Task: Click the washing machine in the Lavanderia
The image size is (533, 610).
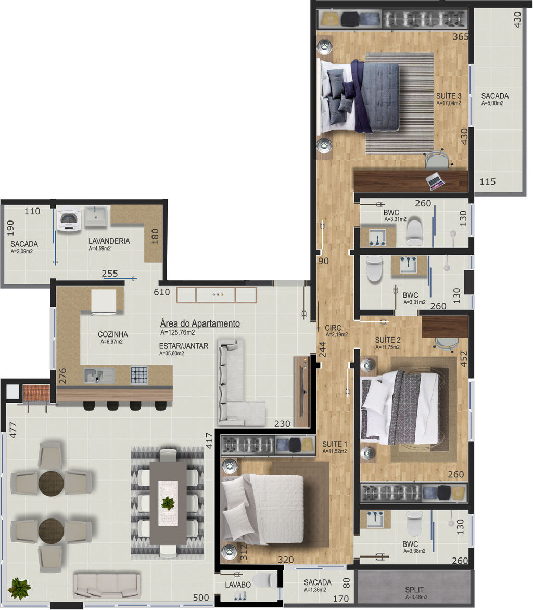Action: (69, 220)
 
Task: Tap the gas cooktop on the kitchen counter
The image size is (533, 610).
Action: (139, 375)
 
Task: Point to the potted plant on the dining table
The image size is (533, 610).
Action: (168, 503)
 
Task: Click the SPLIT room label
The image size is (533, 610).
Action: (414, 589)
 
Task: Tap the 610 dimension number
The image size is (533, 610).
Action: (161, 292)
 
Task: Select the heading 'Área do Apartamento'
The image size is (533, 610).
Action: (200, 323)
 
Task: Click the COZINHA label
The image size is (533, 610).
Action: (112, 334)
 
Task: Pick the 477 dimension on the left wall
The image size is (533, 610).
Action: (13, 430)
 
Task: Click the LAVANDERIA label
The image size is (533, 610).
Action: (109, 241)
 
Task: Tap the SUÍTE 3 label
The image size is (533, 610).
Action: (449, 96)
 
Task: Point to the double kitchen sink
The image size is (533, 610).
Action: (99, 375)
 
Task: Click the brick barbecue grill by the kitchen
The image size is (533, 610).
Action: (36, 393)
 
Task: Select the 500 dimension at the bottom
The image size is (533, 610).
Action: (201, 598)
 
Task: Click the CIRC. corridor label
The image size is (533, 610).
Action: (334, 328)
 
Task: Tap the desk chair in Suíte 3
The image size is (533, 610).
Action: (438, 159)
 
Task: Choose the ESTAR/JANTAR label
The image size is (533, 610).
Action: (183, 346)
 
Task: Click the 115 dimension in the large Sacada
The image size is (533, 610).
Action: (487, 181)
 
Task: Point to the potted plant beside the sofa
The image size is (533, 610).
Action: (19, 588)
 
